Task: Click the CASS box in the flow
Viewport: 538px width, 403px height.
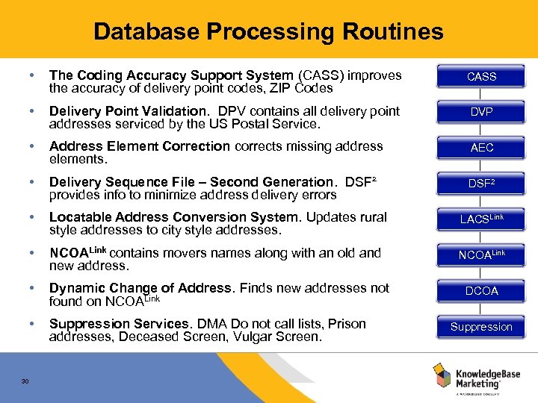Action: tap(481, 76)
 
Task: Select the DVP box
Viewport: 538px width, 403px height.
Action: tap(481, 112)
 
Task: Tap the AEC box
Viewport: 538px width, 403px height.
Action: tap(481, 148)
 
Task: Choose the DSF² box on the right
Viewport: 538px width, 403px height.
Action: tap(481, 184)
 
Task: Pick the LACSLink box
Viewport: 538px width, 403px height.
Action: tap(481, 219)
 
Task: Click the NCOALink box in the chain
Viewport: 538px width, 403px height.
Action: tap(481, 254)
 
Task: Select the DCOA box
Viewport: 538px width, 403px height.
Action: tap(481, 290)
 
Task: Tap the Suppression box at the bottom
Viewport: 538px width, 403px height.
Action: tap(481, 326)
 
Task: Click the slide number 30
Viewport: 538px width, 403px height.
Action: tap(25, 381)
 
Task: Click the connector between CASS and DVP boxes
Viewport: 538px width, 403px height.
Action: tap(481, 94)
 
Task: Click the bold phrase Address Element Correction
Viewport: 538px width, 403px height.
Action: tap(140, 146)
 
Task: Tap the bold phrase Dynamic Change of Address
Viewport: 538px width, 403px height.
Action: tap(140, 288)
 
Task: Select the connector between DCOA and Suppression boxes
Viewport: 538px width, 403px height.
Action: tap(481, 308)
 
